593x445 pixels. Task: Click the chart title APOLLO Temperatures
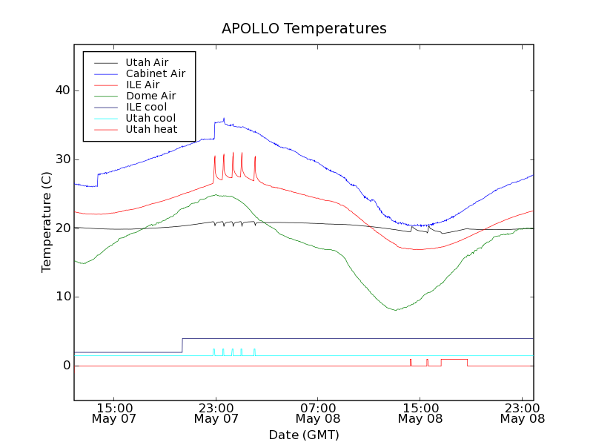[304, 29]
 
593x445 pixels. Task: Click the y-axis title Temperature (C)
[47, 222]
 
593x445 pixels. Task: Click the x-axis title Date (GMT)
[304, 435]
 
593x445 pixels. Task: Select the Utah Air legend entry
[147, 62]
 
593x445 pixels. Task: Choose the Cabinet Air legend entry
[155, 73]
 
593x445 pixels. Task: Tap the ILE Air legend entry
[142, 85]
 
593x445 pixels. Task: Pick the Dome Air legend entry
[150, 96]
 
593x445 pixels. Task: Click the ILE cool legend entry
[146, 107]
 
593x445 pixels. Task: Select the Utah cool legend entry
[150, 118]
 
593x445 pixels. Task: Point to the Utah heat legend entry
[151, 129]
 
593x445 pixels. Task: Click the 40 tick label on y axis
[62, 90]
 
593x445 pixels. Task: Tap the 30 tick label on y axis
[62, 159]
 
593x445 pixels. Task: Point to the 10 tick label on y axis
[62, 297]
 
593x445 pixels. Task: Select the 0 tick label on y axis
[66, 366]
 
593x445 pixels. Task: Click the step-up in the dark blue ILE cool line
[182, 345]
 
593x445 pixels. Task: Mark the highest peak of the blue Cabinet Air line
[224, 118]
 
